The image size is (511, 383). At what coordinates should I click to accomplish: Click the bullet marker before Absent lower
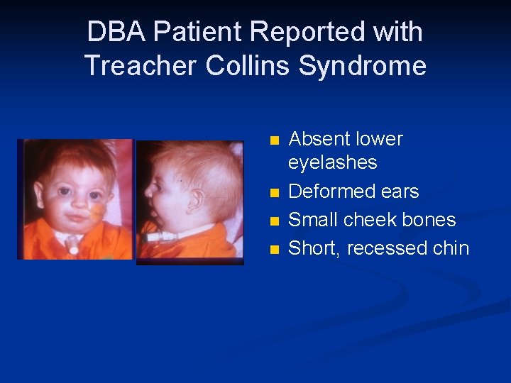coord(275,139)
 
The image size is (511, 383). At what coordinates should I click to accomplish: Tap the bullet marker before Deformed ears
coord(275,192)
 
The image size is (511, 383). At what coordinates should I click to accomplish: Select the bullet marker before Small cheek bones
coord(275,221)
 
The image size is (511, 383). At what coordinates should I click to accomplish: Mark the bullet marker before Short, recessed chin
coord(275,249)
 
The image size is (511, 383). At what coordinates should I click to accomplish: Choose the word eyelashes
coord(332,163)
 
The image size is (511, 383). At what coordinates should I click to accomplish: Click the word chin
coord(453,248)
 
